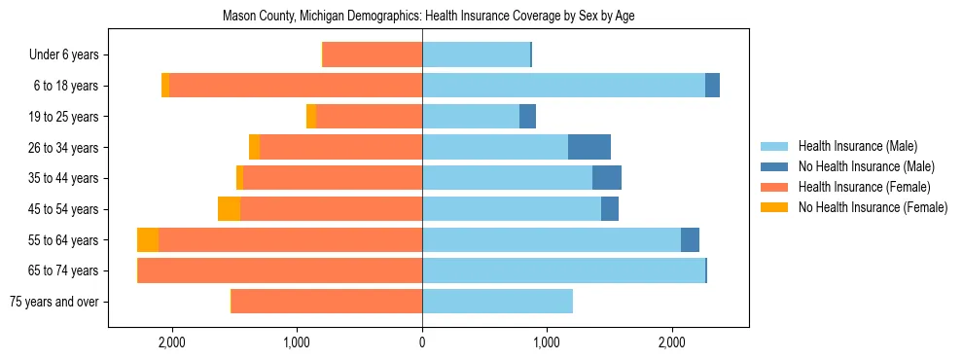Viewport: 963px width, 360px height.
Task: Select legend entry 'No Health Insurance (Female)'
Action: point(873,207)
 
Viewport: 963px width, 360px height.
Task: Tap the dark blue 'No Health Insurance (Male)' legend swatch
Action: point(775,166)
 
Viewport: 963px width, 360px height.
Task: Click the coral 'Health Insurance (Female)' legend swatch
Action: point(775,187)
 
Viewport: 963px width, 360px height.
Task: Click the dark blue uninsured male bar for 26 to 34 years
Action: point(589,147)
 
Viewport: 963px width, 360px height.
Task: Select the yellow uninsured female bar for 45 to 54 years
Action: point(229,209)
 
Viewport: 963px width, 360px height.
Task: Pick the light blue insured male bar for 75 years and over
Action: point(497,302)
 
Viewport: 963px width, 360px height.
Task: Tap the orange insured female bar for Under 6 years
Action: point(373,55)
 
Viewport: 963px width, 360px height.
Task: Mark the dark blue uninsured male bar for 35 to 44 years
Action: point(607,178)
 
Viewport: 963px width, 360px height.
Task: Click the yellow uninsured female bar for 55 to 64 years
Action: point(148,240)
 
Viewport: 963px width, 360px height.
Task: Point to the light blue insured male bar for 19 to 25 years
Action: point(471,117)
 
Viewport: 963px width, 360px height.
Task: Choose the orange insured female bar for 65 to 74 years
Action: point(280,270)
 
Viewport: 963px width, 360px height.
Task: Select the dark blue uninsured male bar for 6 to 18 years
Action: point(712,86)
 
